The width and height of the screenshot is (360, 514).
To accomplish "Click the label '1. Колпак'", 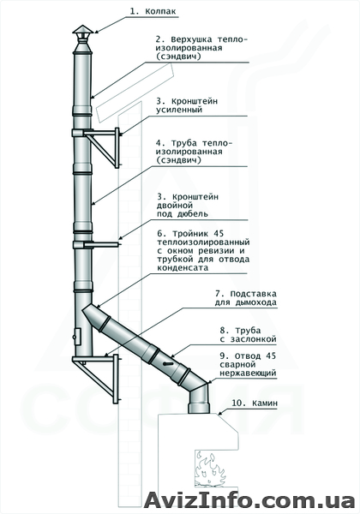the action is point(153,11).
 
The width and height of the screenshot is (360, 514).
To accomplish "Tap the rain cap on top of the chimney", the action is point(83,30).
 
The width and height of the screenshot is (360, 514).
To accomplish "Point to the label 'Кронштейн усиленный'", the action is point(187,105).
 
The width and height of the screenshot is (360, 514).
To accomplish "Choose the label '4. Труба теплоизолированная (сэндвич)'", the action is point(194,152).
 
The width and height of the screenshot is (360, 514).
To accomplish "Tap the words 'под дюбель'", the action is point(183,214).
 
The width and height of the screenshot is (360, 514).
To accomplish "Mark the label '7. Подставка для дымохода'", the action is point(246,298).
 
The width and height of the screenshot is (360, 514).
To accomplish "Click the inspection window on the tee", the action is point(78,337).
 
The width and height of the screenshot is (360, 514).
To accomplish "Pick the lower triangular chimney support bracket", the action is point(96,379).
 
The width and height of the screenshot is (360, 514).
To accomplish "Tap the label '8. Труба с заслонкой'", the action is point(249,335).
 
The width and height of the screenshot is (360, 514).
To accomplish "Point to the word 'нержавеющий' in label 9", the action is point(248,373).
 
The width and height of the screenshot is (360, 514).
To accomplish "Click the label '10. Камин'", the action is point(255,403).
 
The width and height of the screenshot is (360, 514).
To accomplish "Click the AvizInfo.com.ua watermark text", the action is point(249,500).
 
